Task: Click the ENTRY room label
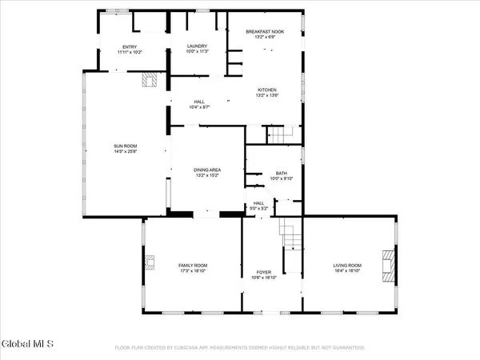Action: (130, 47)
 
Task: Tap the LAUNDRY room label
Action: (197, 47)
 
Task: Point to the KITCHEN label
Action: (267, 90)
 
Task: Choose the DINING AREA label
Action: (207, 170)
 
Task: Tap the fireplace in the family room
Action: (150, 262)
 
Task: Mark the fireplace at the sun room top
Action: (150, 79)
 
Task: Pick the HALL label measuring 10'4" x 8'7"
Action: (199, 105)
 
